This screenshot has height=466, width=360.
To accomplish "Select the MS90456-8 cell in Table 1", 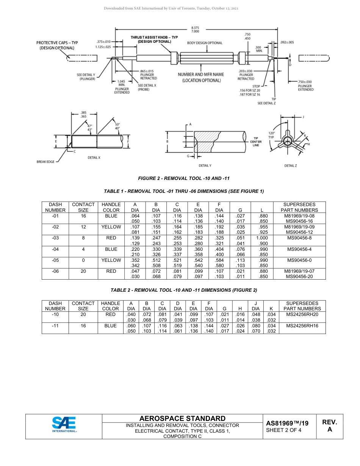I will pos(299,238).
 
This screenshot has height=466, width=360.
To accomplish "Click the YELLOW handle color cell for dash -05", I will pos(111,260).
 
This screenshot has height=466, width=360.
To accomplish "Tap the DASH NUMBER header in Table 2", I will pos(55,306).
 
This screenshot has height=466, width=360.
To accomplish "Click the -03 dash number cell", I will pos(55,238).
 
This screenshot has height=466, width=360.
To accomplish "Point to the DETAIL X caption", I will pos(94,157).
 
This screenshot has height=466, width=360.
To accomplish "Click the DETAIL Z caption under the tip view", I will pos(291,166).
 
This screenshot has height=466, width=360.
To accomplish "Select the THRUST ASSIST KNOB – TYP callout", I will pos(154,39).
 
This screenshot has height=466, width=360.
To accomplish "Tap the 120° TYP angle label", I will pos(271,135).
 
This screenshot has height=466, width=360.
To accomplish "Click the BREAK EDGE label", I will pos(45,161).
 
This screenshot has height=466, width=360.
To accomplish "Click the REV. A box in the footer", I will pos(329,426).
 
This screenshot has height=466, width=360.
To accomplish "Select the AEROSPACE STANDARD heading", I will pos(182,418).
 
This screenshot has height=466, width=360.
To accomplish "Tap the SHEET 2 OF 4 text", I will pos(284,430).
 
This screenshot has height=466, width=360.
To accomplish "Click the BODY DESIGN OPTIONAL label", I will pos(205,43).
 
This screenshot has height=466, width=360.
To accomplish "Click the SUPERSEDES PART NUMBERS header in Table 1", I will pos(299,207).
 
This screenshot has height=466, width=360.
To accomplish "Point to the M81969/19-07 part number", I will pos(299,271).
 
